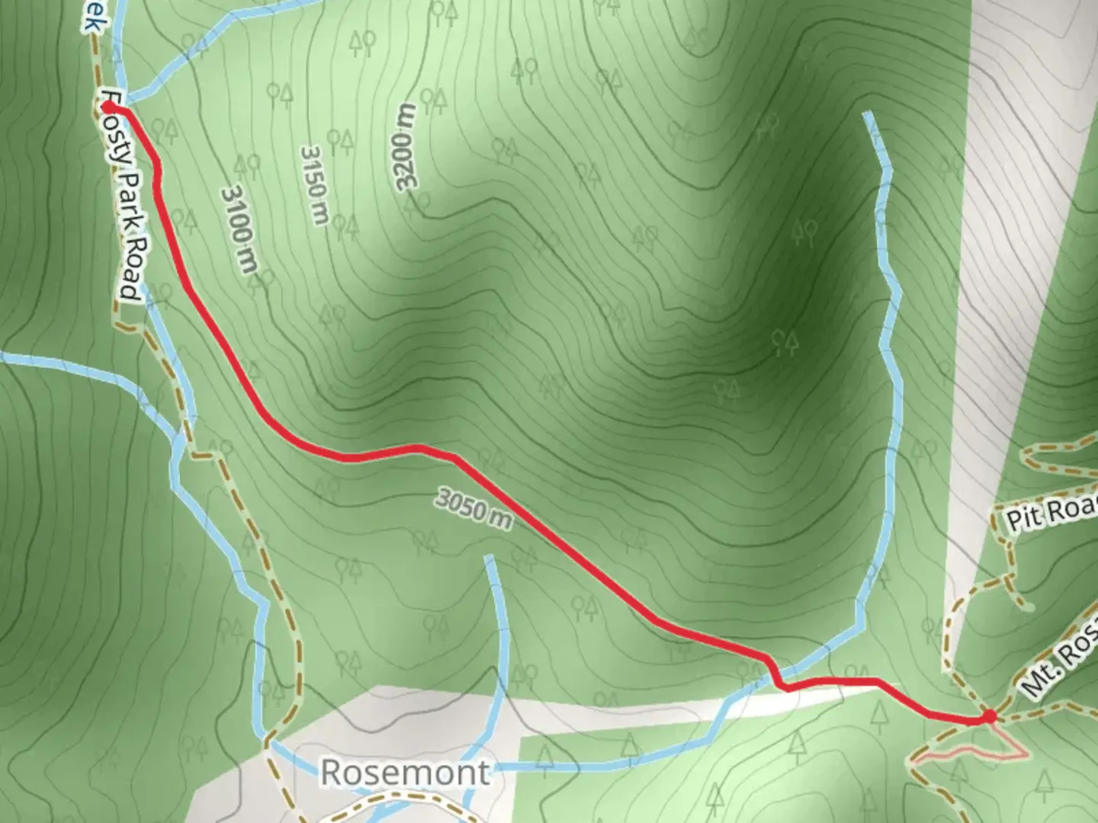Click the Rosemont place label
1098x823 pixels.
405,772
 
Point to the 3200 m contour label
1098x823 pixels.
406,146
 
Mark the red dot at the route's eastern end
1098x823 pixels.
988,716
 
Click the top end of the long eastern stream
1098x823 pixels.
868,114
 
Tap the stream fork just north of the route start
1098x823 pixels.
127,99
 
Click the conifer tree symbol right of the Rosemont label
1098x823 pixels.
545,758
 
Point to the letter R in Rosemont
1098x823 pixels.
331,772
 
